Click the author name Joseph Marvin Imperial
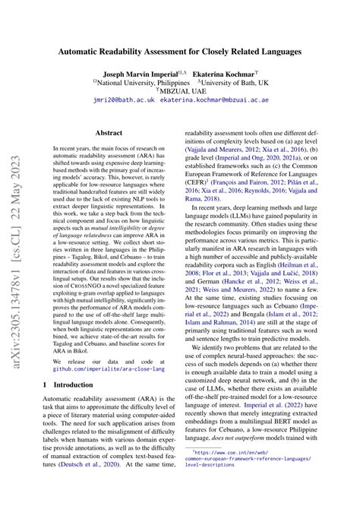pos(137,75)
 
